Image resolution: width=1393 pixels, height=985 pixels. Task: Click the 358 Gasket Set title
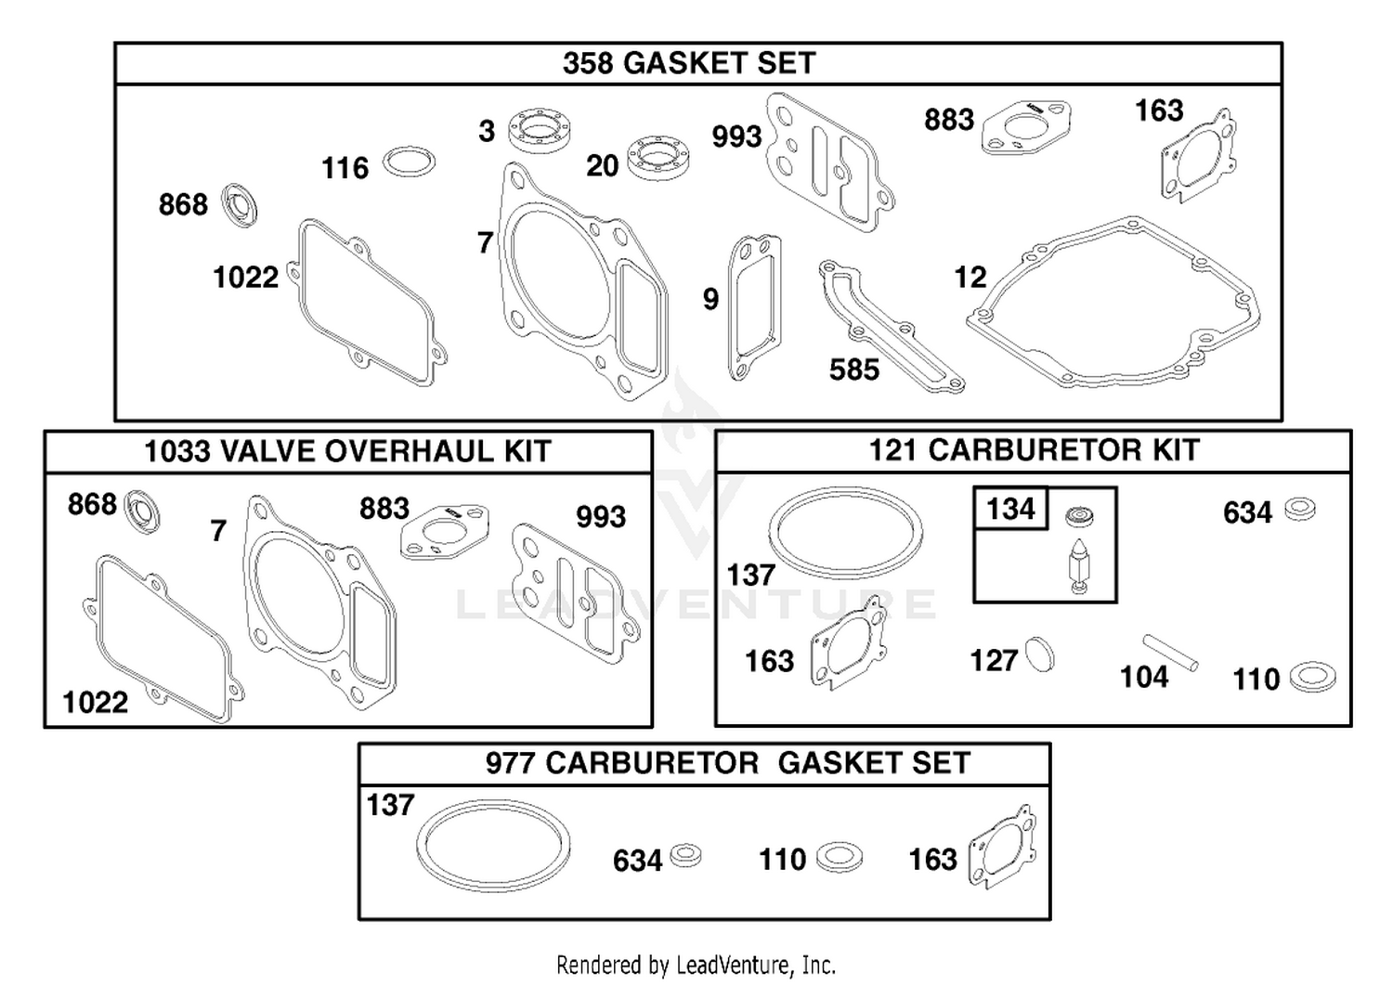[689, 63]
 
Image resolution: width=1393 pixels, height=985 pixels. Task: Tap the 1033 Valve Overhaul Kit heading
[347, 451]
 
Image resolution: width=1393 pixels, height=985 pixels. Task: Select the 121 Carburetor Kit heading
[1034, 450]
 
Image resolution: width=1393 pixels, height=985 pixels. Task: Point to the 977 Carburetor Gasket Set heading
[727, 763]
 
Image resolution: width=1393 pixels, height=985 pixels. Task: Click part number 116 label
[345, 169]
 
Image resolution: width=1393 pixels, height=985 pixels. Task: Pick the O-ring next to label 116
[409, 162]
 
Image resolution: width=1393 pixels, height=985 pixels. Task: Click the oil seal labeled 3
[540, 130]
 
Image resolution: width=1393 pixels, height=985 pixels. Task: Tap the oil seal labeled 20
[657, 158]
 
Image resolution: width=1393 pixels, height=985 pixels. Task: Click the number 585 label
[853, 370]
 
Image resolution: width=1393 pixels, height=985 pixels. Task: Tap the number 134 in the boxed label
[1010, 509]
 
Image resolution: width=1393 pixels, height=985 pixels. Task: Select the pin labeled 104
[1170, 653]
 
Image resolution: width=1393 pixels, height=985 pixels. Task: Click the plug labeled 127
[1040, 655]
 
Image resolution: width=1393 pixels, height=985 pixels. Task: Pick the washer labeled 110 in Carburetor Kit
[1312, 677]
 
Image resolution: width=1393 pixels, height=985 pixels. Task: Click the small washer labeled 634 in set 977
[685, 855]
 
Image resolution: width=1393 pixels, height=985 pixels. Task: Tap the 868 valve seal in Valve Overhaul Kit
[142, 512]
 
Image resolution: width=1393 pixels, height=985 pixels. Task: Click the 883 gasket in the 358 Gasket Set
[1026, 127]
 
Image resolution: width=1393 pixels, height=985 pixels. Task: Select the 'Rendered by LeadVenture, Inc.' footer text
[696, 966]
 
